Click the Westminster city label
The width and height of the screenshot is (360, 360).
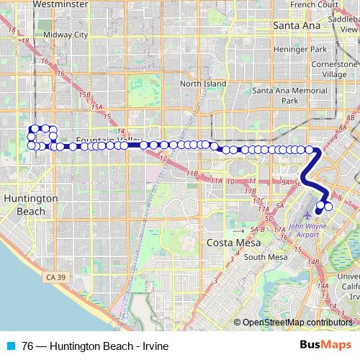point(61,4)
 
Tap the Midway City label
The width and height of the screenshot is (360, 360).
point(65,34)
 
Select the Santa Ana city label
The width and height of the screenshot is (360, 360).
point(296,25)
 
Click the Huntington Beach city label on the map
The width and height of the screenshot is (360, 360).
point(30,204)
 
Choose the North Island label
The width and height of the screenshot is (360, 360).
point(203,84)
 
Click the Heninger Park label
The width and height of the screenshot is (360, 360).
point(301,49)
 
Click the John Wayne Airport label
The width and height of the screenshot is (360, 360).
point(313,232)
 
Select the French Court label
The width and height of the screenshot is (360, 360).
point(315,4)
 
